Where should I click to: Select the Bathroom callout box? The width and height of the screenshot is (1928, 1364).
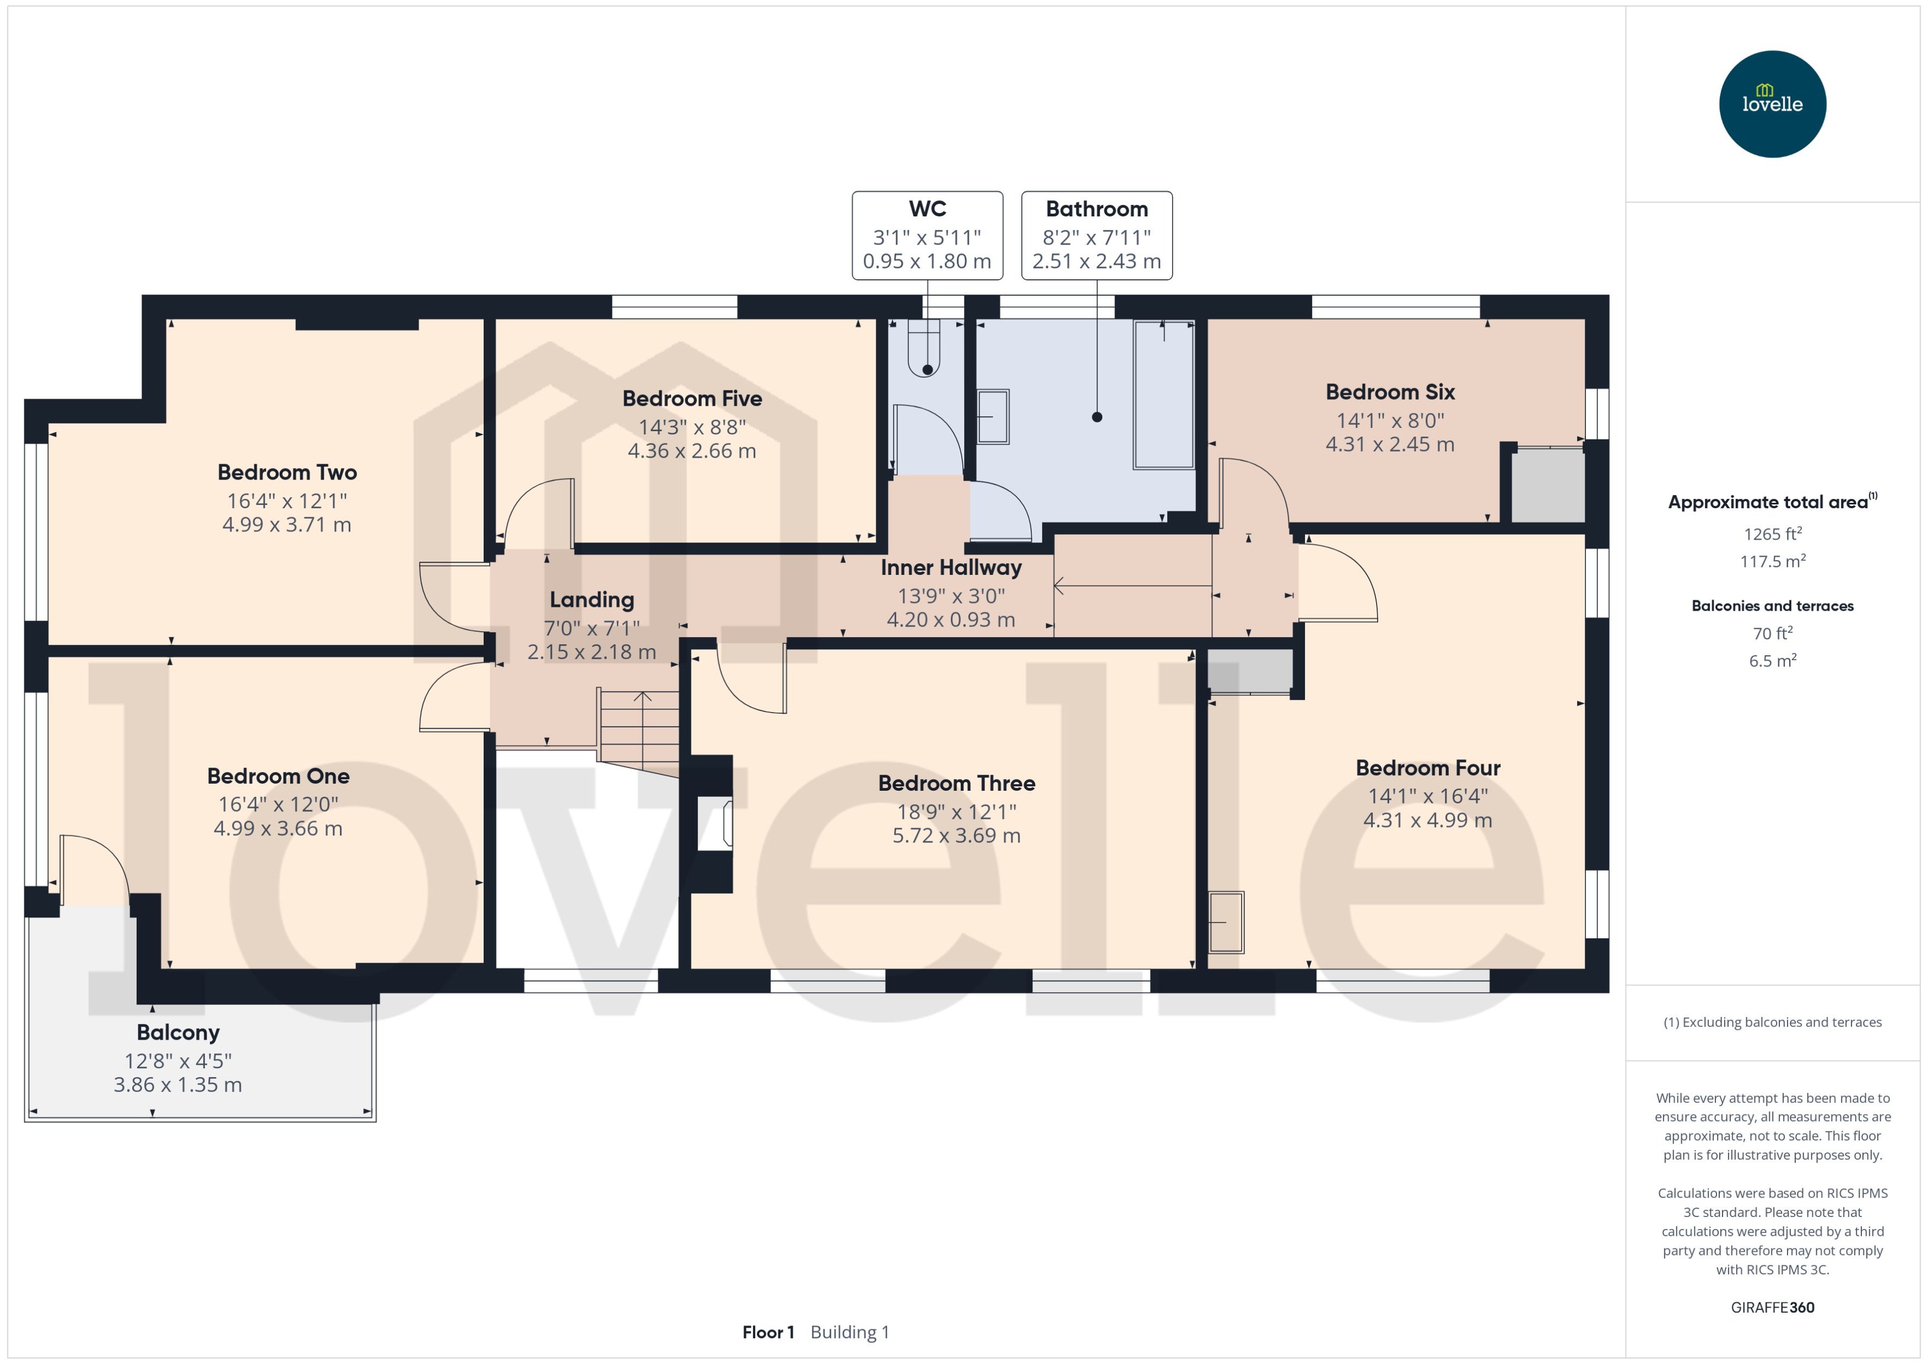(1096, 235)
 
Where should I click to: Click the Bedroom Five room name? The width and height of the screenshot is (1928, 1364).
(691, 398)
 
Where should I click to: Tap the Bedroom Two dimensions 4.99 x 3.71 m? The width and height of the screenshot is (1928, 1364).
(286, 525)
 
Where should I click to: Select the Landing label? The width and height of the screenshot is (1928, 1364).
(592, 600)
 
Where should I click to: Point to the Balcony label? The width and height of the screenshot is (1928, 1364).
(178, 1032)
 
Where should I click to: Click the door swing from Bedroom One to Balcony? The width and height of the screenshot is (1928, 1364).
(94, 870)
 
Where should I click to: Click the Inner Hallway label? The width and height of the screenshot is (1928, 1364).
(950, 568)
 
